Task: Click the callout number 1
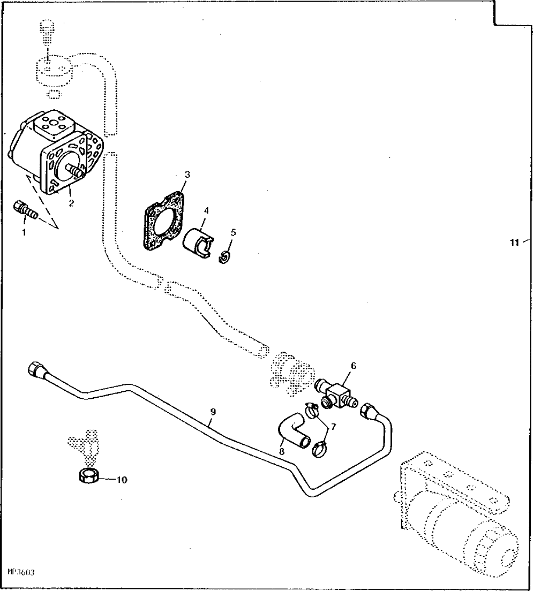point(23,232)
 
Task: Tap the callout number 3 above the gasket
point(187,175)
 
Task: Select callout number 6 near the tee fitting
point(353,366)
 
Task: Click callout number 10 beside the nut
point(122,480)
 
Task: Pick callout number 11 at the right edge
point(514,243)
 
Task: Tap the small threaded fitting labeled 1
point(25,209)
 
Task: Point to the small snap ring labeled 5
point(225,257)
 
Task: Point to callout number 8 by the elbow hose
point(281,451)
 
